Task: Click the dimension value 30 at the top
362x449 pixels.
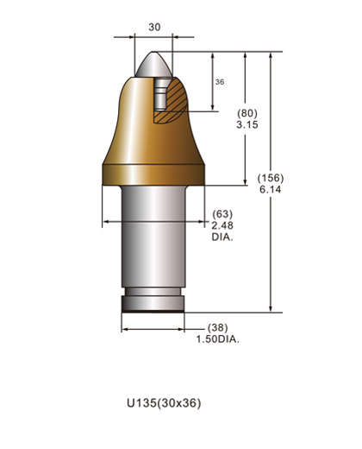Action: point(154,27)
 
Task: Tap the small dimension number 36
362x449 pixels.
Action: point(219,81)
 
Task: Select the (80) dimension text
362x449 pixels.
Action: point(247,113)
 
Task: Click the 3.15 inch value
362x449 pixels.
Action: point(247,125)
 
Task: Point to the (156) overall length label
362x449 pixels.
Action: point(271,178)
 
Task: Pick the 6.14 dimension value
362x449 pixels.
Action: point(270,190)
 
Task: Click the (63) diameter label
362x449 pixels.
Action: point(222,213)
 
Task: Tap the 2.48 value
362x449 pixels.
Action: point(222,224)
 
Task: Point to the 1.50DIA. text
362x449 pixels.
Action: point(219,340)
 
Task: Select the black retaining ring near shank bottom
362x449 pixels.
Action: point(153,304)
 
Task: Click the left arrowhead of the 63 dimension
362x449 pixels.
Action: point(106,222)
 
